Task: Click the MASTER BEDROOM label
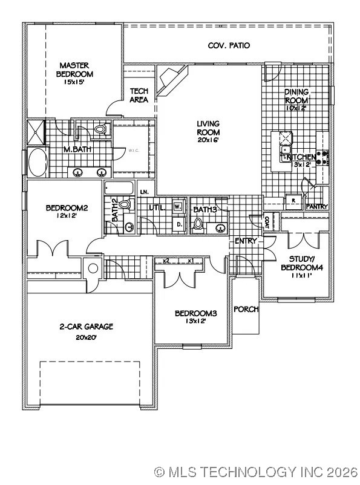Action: pos(76,70)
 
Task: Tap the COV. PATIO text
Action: pos(229,45)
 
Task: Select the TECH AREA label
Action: pos(140,96)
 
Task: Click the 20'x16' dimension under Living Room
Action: pos(208,140)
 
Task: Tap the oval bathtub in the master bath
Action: pos(39,162)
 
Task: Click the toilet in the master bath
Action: pos(100,129)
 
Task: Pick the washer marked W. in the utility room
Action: pos(178,206)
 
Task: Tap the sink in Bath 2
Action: pos(128,227)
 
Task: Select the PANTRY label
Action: pos(316,207)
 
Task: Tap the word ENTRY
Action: pos(246,241)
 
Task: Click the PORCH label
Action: pos(246,309)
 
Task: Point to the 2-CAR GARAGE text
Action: pos(86,327)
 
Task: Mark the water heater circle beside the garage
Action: pos(93,269)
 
